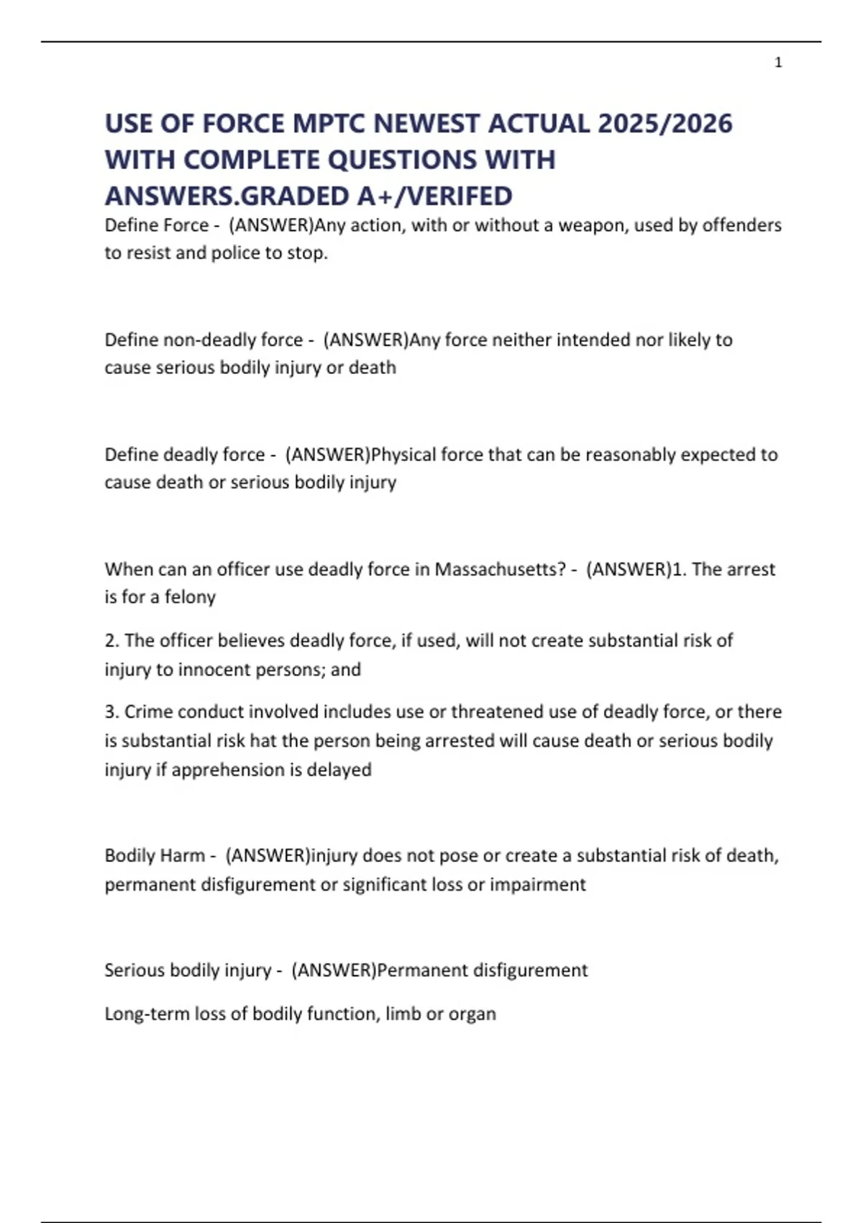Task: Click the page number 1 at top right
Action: tap(778, 63)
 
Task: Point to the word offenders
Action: tap(741, 225)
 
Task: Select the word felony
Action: tap(190, 597)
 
